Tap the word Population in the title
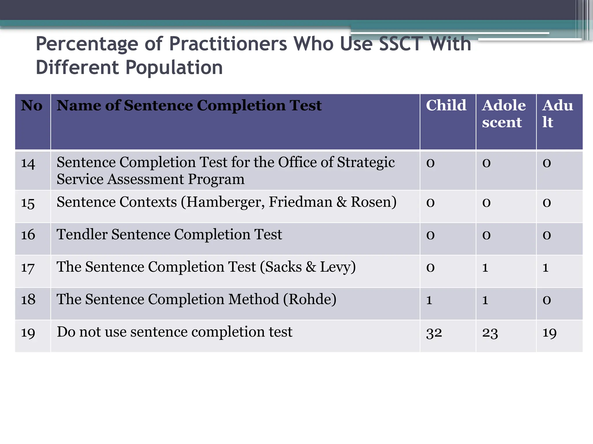[x=174, y=68]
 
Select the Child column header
[x=446, y=105]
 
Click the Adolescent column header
[x=504, y=114]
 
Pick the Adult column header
[x=557, y=114]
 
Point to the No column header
[x=32, y=106]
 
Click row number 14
[x=28, y=164]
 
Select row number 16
[x=28, y=235]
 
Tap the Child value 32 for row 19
[x=434, y=333]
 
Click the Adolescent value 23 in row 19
[x=490, y=333]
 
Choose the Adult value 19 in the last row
[x=550, y=333]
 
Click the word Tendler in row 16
[x=82, y=234]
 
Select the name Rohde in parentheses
[x=310, y=299]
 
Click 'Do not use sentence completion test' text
[x=174, y=332]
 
